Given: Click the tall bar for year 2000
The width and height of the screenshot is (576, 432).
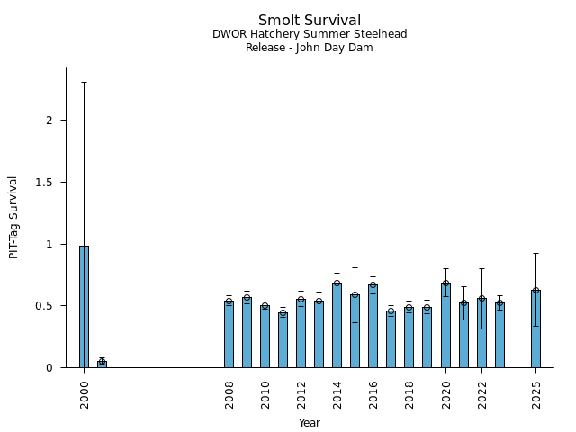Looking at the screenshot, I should (x=84, y=306).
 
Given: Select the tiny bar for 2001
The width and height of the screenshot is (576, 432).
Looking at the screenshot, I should (x=102, y=364).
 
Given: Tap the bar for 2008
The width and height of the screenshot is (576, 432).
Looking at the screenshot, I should (x=229, y=334).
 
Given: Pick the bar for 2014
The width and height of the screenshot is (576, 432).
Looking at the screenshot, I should (x=337, y=325).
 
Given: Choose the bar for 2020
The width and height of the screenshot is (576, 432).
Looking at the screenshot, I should (x=445, y=325).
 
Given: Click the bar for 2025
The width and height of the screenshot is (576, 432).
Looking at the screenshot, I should (x=535, y=328).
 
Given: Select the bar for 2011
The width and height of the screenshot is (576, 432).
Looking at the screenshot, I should (x=283, y=340).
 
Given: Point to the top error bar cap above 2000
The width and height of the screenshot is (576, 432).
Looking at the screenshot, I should (x=84, y=82).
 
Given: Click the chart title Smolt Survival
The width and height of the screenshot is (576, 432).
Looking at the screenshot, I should (x=310, y=21).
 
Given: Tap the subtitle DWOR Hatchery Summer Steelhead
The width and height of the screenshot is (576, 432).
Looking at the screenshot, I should (x=310, y=34).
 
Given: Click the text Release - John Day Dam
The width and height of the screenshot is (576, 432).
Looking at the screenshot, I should (x=310, y=48).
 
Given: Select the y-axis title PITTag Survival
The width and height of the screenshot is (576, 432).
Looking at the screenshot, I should (x=14, y=217).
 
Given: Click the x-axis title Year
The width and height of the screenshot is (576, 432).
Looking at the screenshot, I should (x=310, y=423).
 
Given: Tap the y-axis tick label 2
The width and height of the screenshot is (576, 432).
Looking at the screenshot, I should (x=50, y=121).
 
